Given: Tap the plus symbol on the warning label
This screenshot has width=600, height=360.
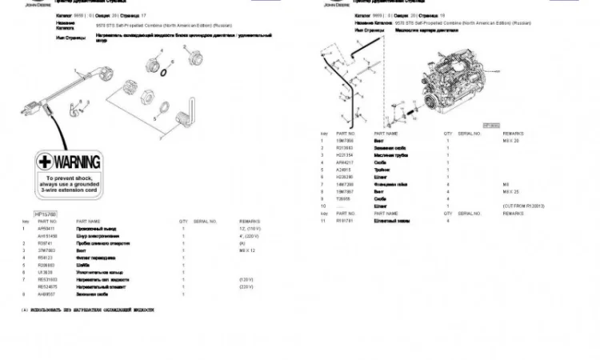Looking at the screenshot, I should tap(46, 162).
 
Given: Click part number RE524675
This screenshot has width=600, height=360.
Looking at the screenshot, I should tap(48, 286).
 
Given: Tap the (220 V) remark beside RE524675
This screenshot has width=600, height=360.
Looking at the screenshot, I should tap(247, 286).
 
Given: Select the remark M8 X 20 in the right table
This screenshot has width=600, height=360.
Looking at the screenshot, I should tap(511, 140).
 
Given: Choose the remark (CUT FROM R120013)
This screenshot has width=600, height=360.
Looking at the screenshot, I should tap(524, 206).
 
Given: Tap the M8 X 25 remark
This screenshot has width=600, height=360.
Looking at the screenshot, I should tap(511, 192).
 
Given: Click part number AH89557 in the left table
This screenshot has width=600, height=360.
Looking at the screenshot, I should tap(47, 294).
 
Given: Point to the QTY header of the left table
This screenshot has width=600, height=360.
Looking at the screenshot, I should tap(183, 221).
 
